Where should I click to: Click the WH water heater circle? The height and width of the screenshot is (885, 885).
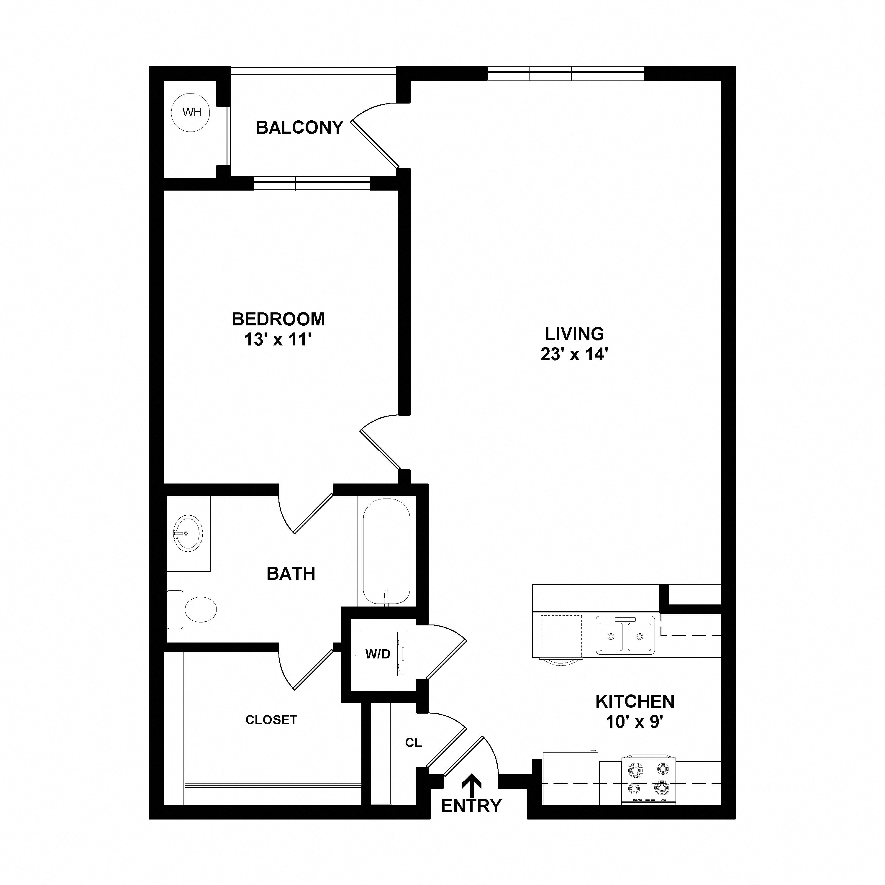[190, 112]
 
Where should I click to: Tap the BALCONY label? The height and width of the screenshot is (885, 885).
[300, 127]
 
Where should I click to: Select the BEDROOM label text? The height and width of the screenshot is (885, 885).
[278, 319]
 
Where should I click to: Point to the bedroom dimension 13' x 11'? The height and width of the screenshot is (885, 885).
[278, 340]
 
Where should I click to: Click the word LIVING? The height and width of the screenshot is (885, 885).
[574, 334]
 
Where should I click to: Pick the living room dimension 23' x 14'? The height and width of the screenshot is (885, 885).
[574, 355]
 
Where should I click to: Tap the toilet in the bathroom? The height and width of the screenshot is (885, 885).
[191, 609]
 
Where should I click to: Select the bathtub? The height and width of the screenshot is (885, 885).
[386, 552]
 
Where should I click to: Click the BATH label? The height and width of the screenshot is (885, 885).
[291, 573]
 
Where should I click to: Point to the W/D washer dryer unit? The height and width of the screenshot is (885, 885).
[383, 654]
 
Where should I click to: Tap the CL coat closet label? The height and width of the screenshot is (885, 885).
[413, 743]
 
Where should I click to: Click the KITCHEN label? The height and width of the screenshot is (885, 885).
[635, 701]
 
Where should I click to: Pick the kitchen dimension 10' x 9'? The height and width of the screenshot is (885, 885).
[635, 722]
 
